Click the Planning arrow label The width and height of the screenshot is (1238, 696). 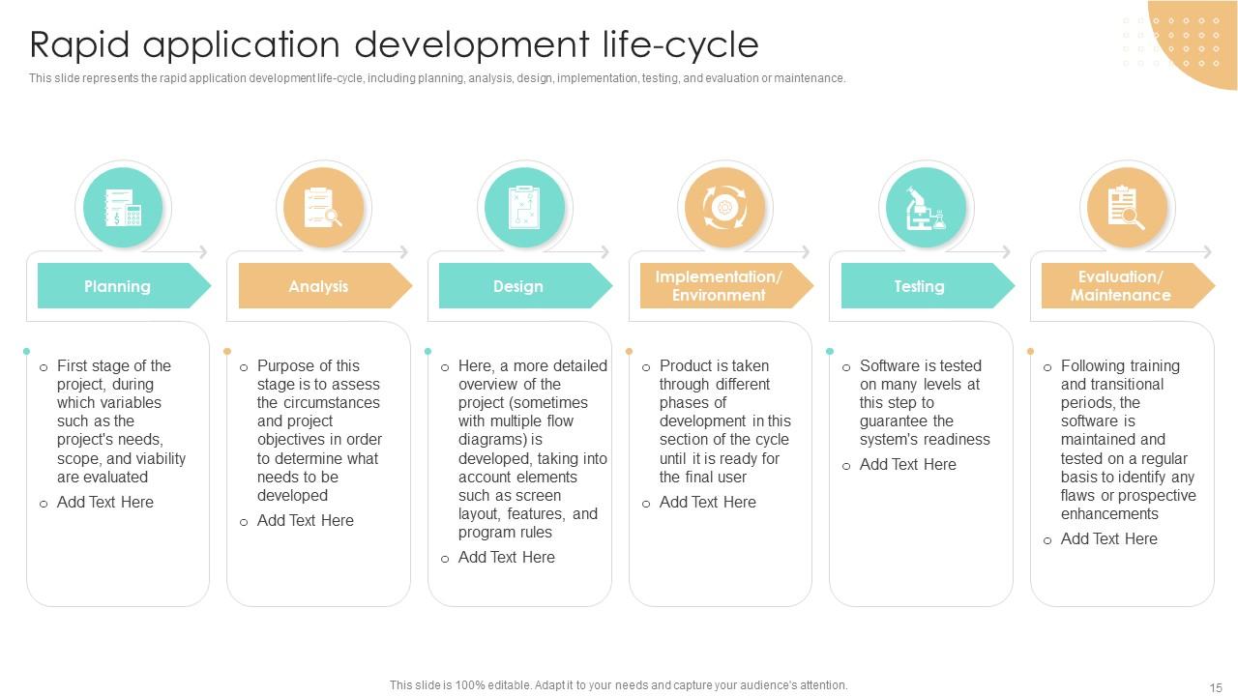117,286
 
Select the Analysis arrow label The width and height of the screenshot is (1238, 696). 318,286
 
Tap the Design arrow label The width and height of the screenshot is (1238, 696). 518,286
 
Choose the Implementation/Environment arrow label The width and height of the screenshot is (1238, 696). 719,286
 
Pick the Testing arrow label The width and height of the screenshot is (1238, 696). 919,286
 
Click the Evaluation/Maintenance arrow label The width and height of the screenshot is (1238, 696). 1120,286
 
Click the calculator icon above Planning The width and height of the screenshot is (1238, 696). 123,208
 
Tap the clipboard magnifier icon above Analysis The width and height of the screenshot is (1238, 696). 323,208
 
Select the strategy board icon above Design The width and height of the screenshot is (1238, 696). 524,208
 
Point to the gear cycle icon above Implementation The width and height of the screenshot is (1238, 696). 724,208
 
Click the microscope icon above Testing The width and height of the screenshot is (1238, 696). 926,208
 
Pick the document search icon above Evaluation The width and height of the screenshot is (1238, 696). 1126,208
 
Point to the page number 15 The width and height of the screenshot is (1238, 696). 1216,687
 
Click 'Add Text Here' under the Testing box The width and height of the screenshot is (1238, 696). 907,465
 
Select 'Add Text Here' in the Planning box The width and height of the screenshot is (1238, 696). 104,503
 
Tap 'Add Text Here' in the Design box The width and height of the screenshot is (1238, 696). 506,558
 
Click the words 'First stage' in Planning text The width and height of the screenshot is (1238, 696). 93,366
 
